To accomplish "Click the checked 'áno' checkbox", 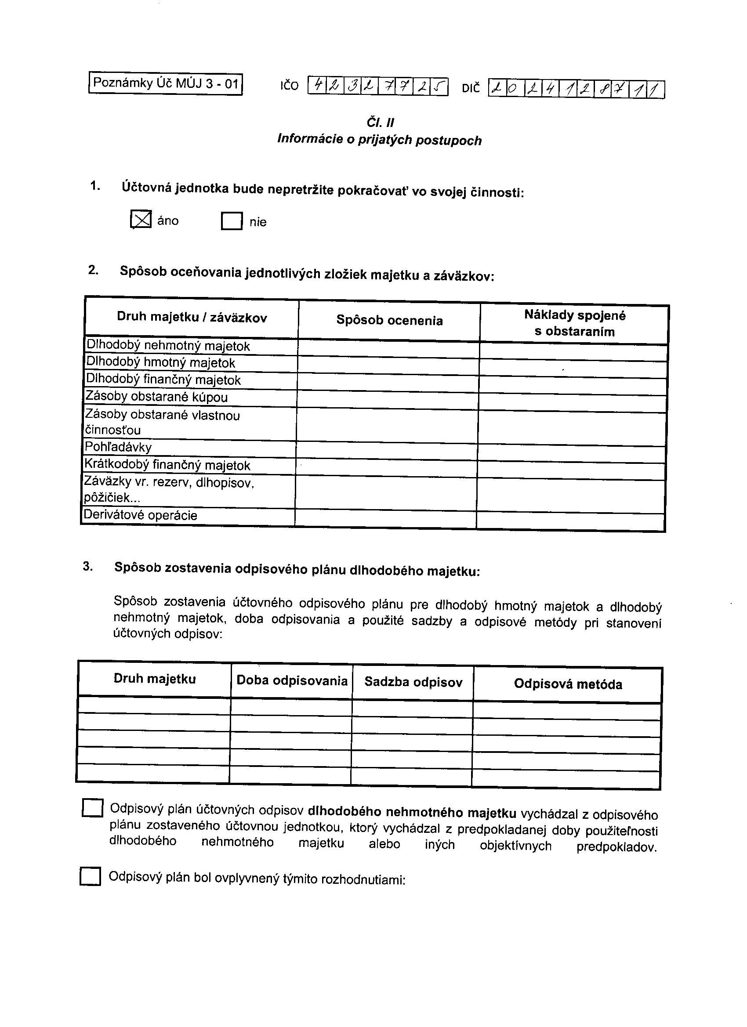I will click(x=141, y=220).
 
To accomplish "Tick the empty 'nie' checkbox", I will click(x=232, y=221).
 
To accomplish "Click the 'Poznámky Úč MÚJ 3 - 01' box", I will click(x=165, y=84).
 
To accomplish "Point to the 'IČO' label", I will click(x=290, y=86).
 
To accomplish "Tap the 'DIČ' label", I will click(x=471, y=88).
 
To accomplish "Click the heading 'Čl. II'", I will click(x=380, y=123).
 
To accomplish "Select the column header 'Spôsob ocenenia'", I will click(x=389, y=321).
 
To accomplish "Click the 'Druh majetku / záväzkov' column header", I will click(x=192, y=317).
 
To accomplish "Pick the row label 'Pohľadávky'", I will click(x=118, y=447).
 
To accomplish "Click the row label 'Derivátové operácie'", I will click(x=141, y=515).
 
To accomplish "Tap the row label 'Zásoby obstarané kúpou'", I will click(x=157, y=397).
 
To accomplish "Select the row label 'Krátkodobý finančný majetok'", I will click(x=167, y=465).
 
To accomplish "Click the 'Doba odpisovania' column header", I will click(x=292, y=680).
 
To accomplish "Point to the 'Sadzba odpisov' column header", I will click(x=413, y=682).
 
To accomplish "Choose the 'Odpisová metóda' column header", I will click(x=568, y=684).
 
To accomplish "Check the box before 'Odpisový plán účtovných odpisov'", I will click(x=92, y=808).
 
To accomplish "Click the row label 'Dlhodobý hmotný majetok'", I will click(x=161, y=363).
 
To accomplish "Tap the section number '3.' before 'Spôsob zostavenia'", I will click(x=88, y=567).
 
